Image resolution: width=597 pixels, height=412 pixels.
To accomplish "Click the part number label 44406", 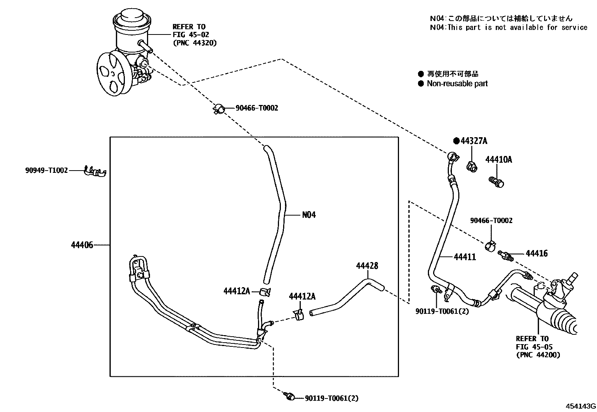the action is click(x=82, y=245).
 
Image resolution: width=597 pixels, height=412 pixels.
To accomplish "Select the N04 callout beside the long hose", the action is click(x=309, y=215).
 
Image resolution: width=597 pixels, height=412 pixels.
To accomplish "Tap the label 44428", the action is click(x=367, y=266).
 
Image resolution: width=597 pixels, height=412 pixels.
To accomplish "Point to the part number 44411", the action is click(x=465, y=257).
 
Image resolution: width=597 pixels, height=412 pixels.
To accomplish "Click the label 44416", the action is click(x=537, y=253).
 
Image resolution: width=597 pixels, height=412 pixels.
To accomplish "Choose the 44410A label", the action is click(x=499, y=159).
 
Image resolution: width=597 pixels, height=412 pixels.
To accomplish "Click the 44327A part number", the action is click(x=474, y=141).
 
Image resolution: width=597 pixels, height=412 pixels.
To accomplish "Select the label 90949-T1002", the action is click(x=46, y=170).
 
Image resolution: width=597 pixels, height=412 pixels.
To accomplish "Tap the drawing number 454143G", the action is click(x=580, y=406).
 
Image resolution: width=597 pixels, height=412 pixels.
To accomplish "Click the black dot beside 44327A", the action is click(x=456, y=141).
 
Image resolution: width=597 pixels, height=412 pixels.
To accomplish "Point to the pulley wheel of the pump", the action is click(x=111, y=73).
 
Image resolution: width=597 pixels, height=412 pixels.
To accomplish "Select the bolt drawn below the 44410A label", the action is click(x=496, y=182).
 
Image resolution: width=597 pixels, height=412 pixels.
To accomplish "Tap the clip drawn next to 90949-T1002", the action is click(x=95, y=171).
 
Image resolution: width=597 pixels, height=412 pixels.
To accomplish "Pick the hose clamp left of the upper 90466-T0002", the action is click(x=219, y=109).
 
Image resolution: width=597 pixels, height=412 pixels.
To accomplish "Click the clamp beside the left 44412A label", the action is click(x=265, y=292).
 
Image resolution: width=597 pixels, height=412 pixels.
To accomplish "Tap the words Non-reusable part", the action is click(x=457, y=84).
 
